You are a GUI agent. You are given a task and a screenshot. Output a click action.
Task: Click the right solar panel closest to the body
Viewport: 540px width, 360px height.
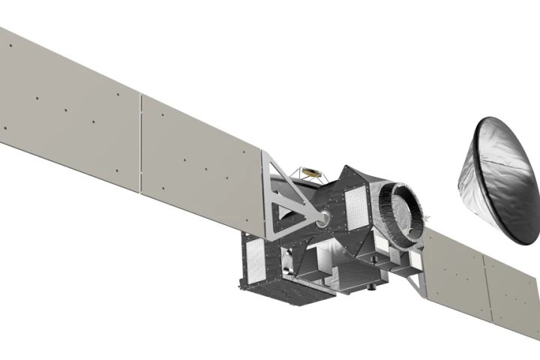[450, 262]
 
